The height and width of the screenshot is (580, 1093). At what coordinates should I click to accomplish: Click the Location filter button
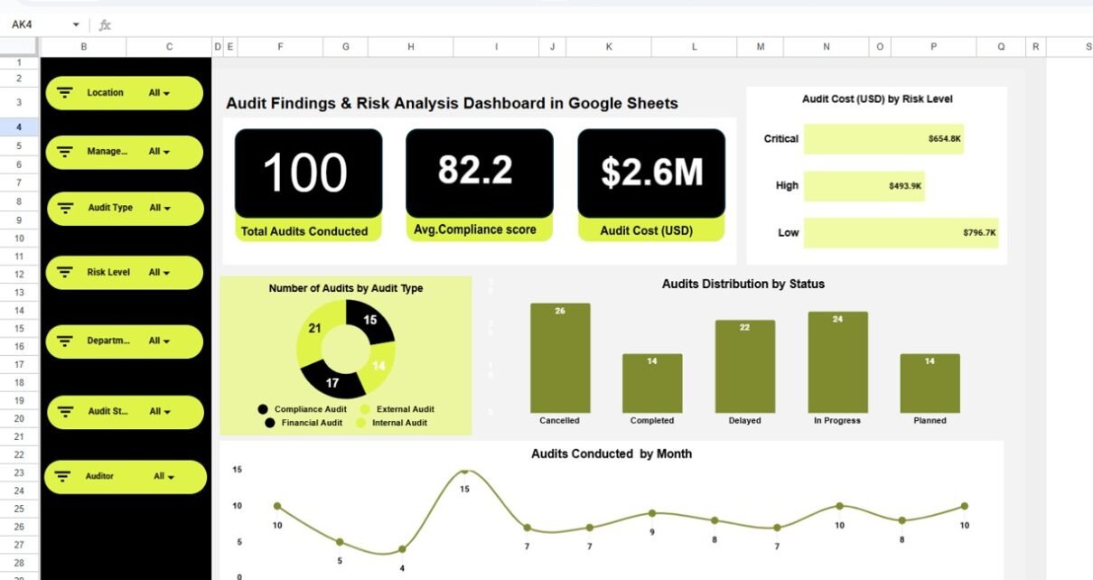click(124, 93)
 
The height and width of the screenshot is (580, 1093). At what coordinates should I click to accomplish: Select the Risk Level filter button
click(124, 273)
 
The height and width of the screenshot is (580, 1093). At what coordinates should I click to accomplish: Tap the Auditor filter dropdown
click(125, 477)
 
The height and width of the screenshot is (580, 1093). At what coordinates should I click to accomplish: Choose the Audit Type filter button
click(125, 209)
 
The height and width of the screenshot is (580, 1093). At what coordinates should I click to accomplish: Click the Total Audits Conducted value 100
click(305, 173)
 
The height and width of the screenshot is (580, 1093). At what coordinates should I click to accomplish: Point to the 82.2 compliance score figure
click(476, 171)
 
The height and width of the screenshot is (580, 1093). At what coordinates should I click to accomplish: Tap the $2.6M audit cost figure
click(651, 172)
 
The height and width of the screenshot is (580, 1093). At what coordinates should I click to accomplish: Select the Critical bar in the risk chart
click(883, 139)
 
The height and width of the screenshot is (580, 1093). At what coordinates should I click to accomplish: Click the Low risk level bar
click(901, 232)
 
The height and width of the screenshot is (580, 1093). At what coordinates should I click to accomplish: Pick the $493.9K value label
click(905, 186)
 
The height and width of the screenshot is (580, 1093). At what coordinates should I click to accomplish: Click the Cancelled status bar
click(560, 358)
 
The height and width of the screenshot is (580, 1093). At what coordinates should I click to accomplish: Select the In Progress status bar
click(837, 362)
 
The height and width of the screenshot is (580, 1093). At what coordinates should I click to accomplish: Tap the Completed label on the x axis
click(652, 421)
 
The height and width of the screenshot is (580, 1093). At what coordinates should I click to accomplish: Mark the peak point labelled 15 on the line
click(464, 472)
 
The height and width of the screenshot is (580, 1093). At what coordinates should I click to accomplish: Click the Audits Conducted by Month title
click(612, 454)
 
